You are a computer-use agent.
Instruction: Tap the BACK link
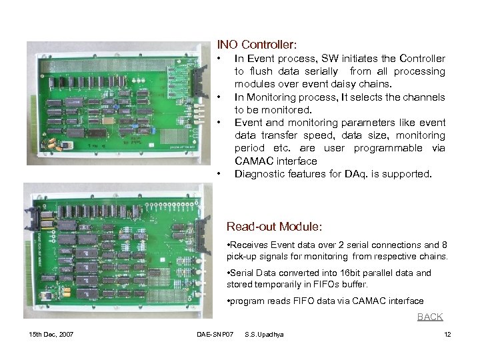pyautogui.click(x=429, y=317)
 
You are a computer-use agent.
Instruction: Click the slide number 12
pyautogui.click(x=447, y=333)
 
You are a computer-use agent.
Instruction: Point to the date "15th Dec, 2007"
pyautogui.click(x=52, y=333)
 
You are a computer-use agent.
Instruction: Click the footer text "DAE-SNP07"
pyautogui.click(x=213, y=333)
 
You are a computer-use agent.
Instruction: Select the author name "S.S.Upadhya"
pyautogui.click(x=264, y=333)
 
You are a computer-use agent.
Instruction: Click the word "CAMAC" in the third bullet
pyautogui.click(x=253, y=161)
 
